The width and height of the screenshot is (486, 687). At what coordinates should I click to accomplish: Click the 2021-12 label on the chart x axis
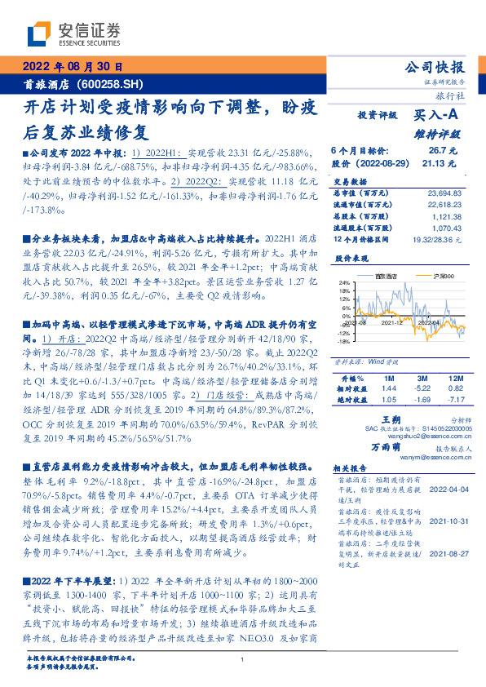[389, 322]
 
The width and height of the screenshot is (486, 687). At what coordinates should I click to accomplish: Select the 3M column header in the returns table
[422, 379]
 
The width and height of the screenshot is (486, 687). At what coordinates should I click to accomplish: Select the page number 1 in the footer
[243, 659]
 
